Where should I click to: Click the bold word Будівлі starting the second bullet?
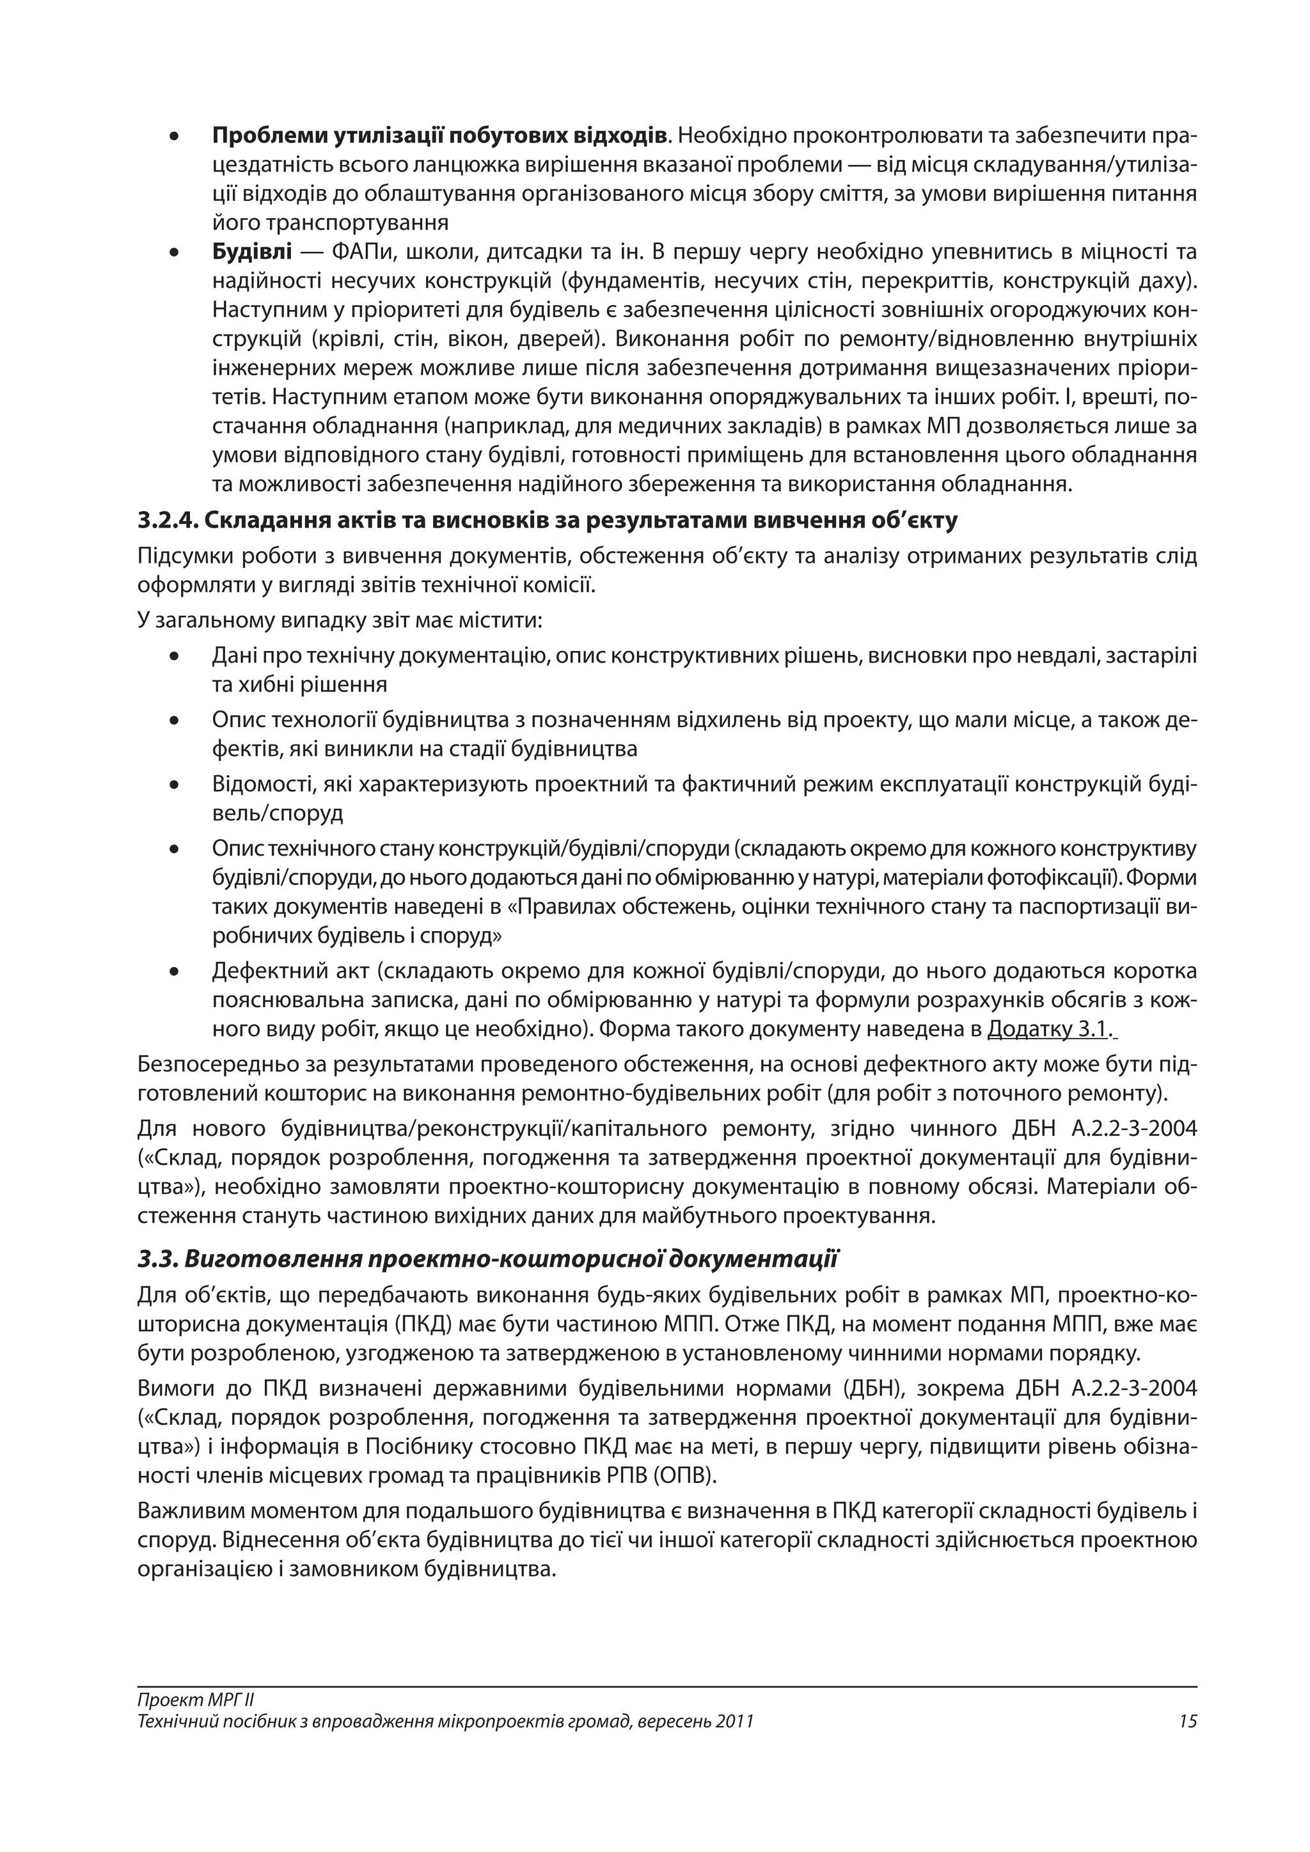point(251,253)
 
